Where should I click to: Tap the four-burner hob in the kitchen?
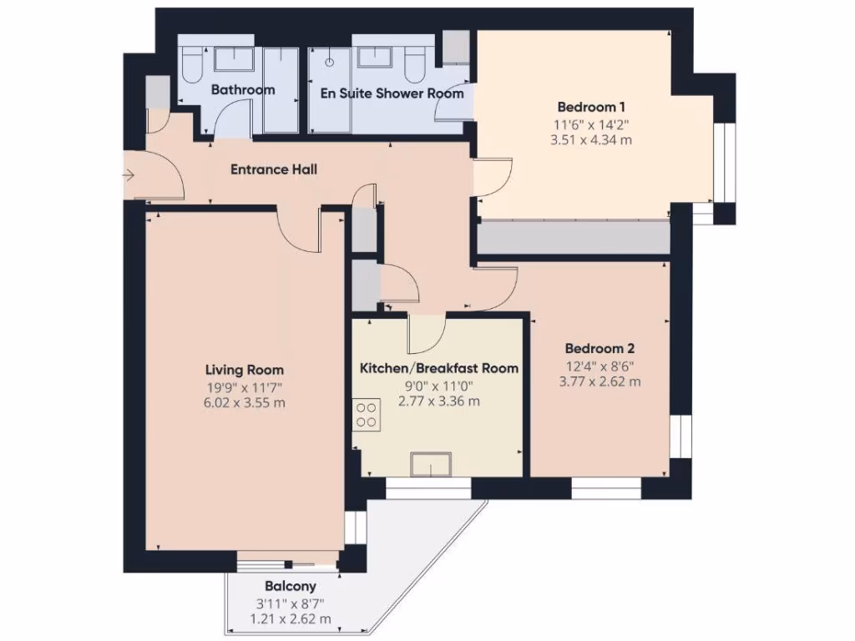[366, 414]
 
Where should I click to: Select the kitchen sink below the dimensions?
[431, 464]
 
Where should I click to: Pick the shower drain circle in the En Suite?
[330, 62]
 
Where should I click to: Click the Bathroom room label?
[242, 90]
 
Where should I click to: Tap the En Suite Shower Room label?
[392, 93]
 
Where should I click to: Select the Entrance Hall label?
[274, 169]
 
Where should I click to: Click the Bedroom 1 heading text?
[591, 107]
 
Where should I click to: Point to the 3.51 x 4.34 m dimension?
[591, 140]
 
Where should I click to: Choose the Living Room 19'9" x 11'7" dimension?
[245, 386]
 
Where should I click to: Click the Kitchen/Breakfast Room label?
[438, 368]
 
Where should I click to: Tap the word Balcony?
[290, 586]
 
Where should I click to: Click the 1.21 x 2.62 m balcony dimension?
[290, 618]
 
